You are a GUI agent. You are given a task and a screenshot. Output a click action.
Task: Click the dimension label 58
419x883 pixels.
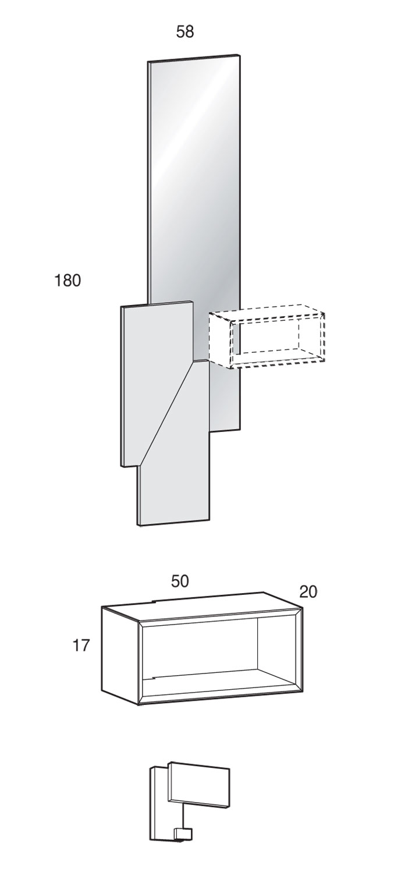(x=185, y=32)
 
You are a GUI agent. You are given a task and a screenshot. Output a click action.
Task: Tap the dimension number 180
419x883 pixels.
(x=68, y=281)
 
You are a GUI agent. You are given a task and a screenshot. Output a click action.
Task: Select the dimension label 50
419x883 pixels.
(x=180, y=581)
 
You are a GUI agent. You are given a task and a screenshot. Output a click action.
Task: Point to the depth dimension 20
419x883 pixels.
(x=308, y=592)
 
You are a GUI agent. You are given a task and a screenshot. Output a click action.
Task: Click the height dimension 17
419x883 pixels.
(x=82, y=645)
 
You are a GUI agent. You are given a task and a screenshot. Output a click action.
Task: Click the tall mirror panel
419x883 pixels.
(x=193, y=175)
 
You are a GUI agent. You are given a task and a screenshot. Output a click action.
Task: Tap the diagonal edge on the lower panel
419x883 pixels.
(x=166, y=413)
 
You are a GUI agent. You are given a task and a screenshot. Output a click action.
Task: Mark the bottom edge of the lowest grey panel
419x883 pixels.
(x=173, y=522)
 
